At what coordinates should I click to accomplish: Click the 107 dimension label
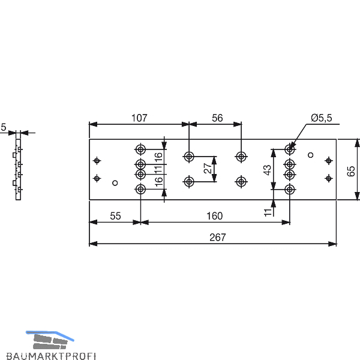[x=139, y=118]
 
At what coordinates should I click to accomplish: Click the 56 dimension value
[x=217, y=118]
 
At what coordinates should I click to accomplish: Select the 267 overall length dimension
[x=218, y=237]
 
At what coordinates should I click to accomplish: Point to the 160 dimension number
[x=214, y=215]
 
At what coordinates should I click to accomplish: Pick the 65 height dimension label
[x=352, y=170]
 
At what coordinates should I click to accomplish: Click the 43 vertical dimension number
[x=268, y=170]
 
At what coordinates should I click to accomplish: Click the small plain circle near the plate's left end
[x=116, y=184]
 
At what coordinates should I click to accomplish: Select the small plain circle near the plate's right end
[x=310, y=155]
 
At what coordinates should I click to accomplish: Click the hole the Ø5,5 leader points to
[x=290, y=149]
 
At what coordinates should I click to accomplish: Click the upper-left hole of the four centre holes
[x=189, y=157]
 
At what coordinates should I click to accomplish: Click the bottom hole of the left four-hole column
[x=140, y=190]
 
